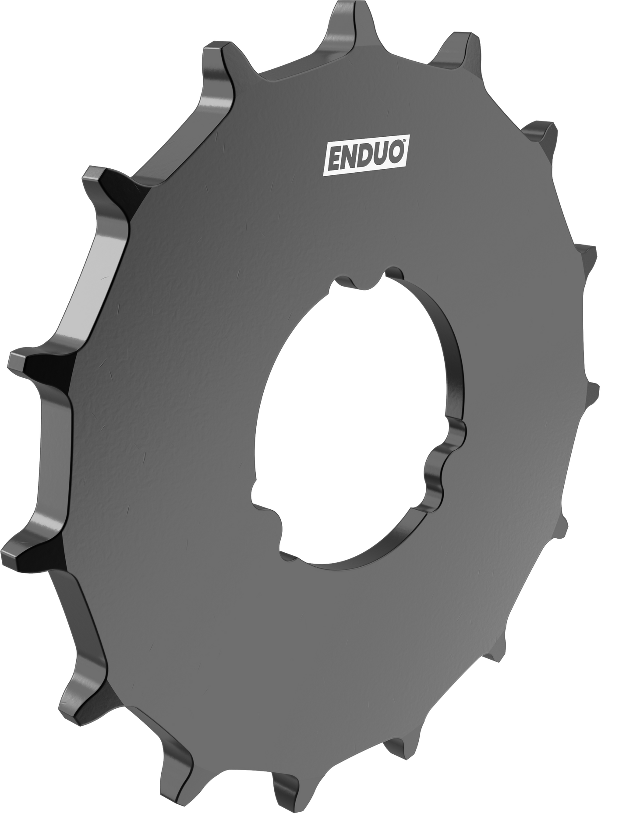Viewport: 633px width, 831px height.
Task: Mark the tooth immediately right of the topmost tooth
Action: (456, 53)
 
